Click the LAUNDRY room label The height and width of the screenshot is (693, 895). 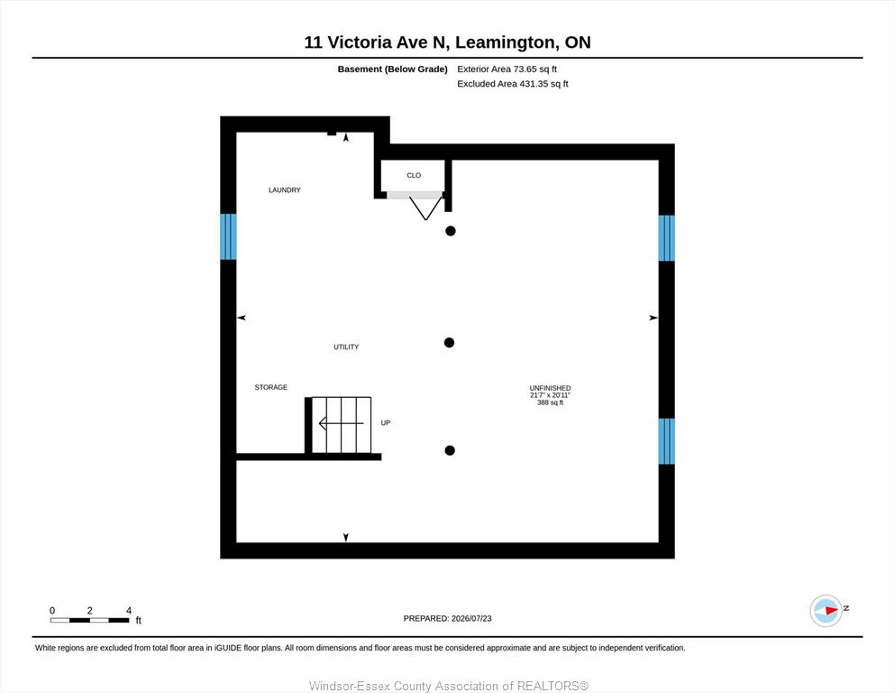click(x=284, y=189)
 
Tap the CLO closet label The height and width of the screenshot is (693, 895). click(x=414, y=175)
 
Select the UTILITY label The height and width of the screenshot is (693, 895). click(x=346, y=346)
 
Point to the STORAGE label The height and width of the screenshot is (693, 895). click(x=270, y=387)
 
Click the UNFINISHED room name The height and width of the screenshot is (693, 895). click(x=550, y=388)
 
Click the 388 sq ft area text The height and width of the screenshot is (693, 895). click(x=550, y=402)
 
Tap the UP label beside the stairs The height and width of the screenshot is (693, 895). click(x=385, y=423)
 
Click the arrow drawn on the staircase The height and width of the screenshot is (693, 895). click(x=341, y=423)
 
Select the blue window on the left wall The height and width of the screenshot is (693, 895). click(x=228, y=236)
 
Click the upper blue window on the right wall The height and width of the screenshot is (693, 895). click(x=667, y=237)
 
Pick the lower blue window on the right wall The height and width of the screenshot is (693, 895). click(x=667, y=441)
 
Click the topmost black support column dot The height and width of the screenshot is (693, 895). click(x=451, y=231)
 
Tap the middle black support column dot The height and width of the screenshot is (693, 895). click(x=449, y=343)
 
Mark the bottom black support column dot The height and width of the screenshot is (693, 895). click(x=450, y=450)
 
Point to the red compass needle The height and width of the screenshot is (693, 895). click(x=831, y=610)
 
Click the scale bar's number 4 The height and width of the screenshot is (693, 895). click(x=128, y=610)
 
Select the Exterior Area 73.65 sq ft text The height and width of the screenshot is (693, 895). click(x=507, y=69)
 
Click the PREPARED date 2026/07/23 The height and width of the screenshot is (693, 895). click(x=471, y=618)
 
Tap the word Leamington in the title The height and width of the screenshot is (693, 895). click(x=505, y=42)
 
